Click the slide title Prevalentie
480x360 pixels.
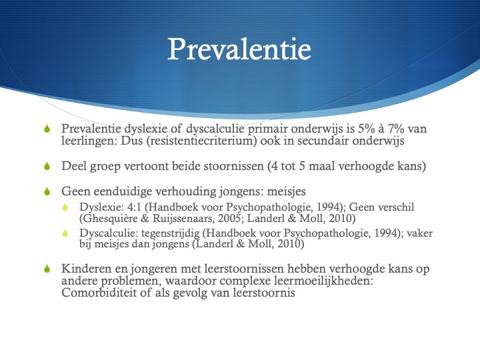(x=239, y=49)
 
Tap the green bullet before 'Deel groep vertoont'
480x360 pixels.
(x=47, y=166)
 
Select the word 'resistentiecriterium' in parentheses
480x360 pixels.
(x=201, y=141)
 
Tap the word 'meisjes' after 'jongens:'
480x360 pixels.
(x=286, y=191)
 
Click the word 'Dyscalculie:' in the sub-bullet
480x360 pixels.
(x=109, y=233)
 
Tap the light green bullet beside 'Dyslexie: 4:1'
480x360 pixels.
(x=65, y=207)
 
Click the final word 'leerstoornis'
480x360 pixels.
(x=264, y=293)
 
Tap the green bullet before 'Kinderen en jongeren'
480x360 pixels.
(x=47, y=269)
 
